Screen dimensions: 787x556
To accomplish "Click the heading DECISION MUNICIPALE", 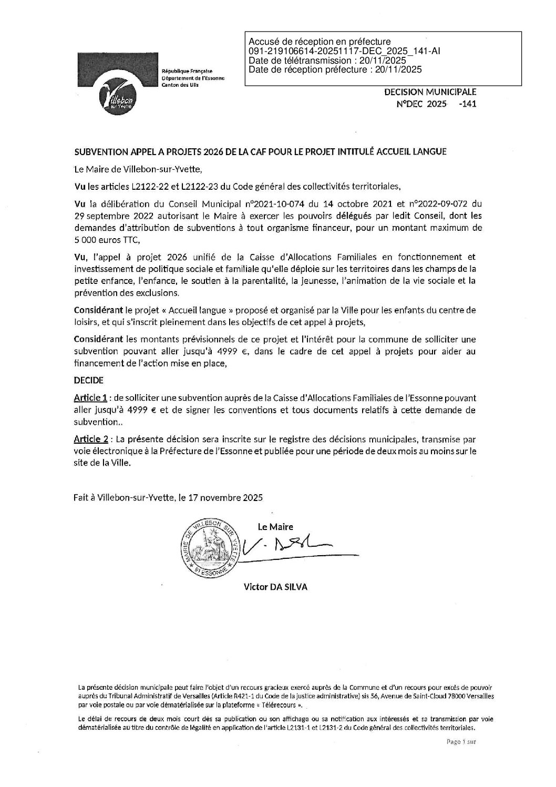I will tap(430, 92).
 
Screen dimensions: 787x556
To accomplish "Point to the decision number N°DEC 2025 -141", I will tap(436, 104).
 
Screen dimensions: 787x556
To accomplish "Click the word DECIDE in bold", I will tap(88, 380).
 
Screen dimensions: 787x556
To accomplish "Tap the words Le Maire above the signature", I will tap(275, 527).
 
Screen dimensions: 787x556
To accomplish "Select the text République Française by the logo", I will tap(186, 70).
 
